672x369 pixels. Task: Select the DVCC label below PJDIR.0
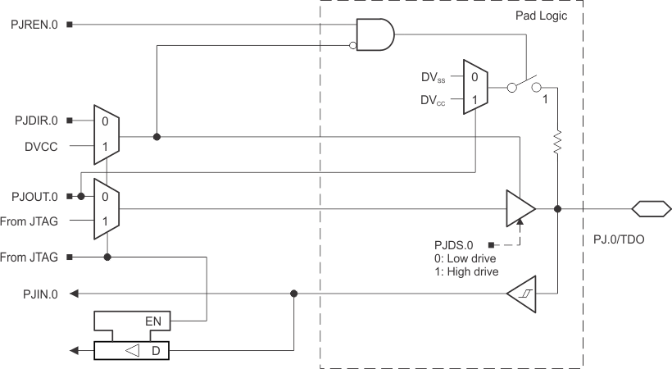click(x=41, y=148)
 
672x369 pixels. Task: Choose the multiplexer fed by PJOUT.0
click(x=107, y=209)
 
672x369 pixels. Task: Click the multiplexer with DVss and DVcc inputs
click(x=474, y=87)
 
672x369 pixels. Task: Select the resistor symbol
click(x=556, y=141)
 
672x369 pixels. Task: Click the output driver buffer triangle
click(x=519, y=209)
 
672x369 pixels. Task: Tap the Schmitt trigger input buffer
click(x=520, y=294)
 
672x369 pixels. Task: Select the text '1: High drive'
click(x=468, y=271)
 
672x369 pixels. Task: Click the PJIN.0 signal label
click(x=40, y=294)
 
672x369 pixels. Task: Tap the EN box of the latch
click(x=152, y=321)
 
